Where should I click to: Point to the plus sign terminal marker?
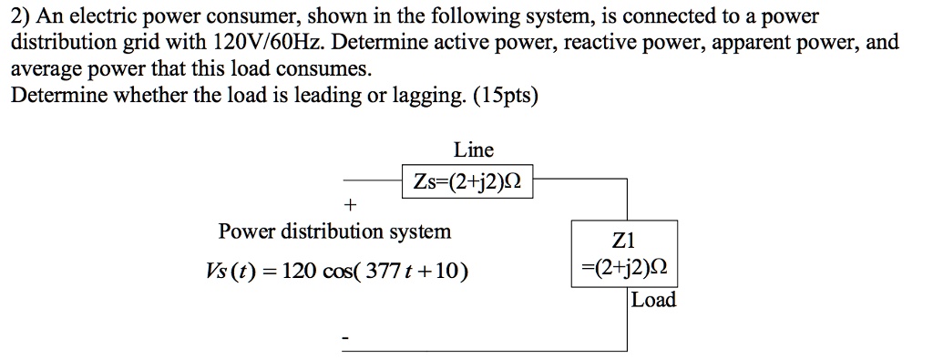[x=353, y=202]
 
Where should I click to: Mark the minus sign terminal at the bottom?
[x=345, y=340]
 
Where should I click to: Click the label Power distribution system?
[x=334, y=231]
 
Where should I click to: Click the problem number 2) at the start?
[x=19, y=16]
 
